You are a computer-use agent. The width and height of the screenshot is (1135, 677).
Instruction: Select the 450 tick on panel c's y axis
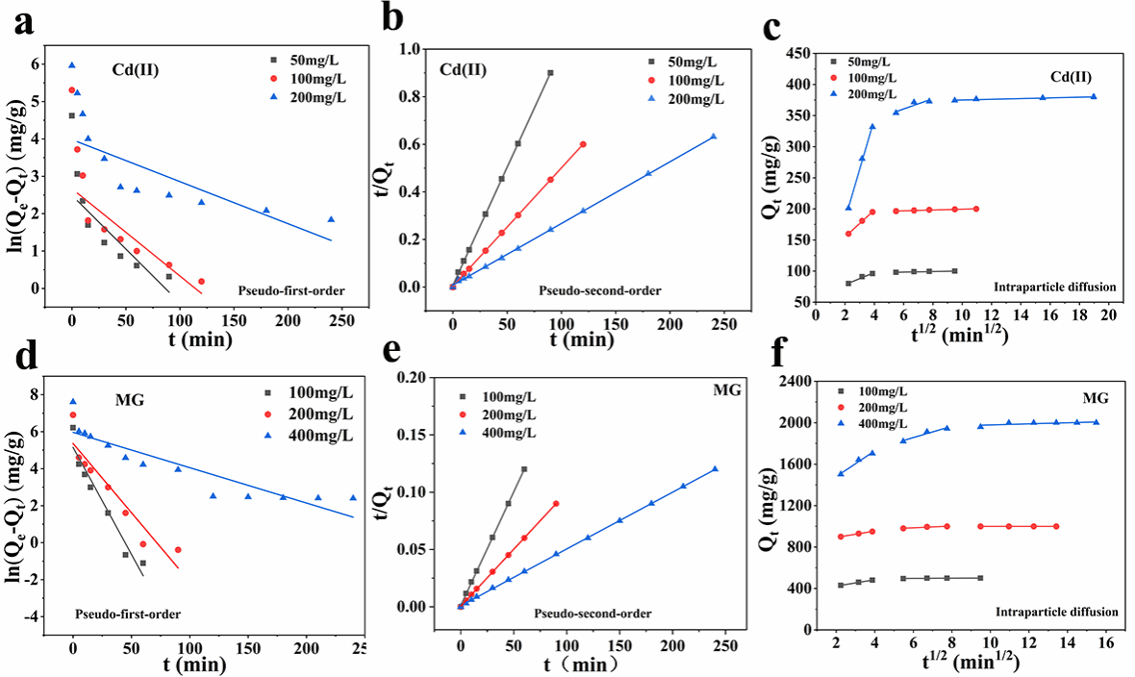[x=798, y=52]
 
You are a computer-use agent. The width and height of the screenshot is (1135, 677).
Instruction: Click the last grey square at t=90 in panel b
[x=550, y=72]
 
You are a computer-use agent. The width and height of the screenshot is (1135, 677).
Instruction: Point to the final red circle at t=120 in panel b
[x=583, y=144]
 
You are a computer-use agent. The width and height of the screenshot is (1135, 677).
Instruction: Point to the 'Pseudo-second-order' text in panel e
[x=593, y=614]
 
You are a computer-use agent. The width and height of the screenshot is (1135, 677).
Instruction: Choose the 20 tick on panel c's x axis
[x=1107, y=314]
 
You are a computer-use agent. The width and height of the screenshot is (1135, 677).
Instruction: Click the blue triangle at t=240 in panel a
[x=331, y=219]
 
